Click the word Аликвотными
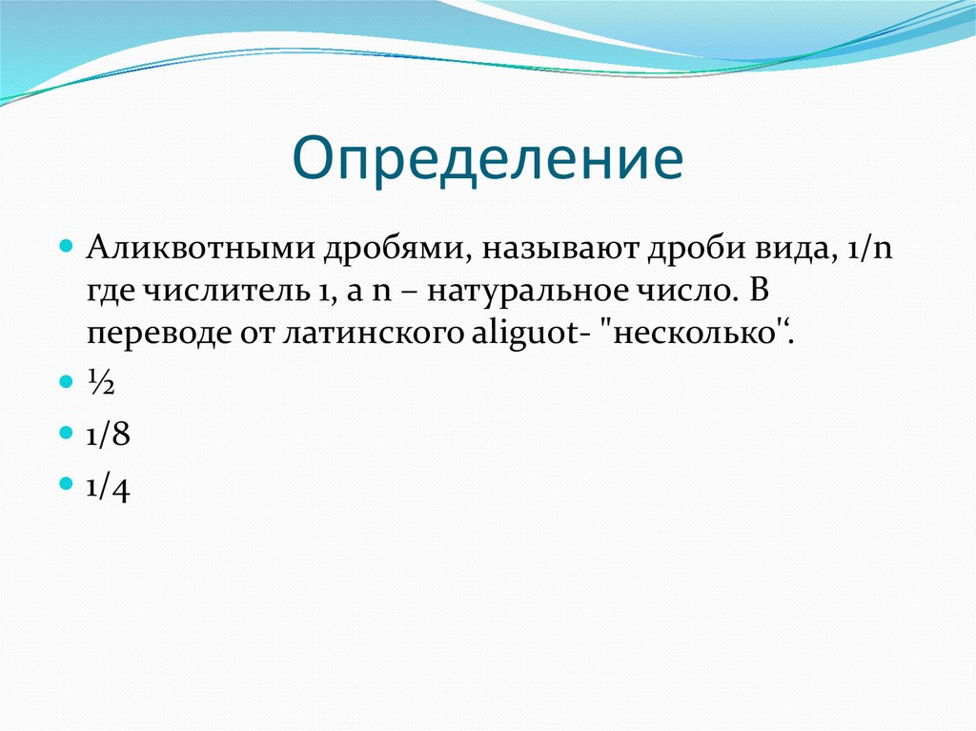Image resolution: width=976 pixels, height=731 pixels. point(200,248)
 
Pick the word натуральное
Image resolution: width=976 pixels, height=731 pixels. point(526,291)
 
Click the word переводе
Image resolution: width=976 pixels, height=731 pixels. point(158,334)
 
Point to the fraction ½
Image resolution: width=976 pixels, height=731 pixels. point(100,382)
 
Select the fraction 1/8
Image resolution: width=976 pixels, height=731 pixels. point(109,434)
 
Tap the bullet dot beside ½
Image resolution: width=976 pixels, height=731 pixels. point(66,380)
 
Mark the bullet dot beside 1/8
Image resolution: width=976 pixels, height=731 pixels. point(66,432)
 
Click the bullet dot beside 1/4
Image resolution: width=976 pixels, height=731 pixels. point(66,483)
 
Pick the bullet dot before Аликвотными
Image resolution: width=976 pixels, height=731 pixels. point(66,246)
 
